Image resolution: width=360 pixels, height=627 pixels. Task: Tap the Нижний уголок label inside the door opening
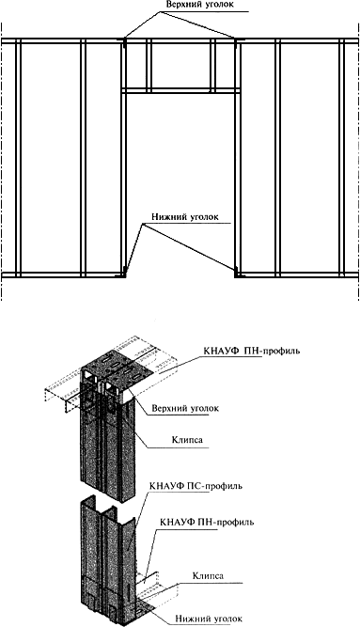185,217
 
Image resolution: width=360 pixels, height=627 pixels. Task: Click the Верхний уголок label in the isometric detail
185,408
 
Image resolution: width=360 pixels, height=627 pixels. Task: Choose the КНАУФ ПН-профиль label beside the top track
251,352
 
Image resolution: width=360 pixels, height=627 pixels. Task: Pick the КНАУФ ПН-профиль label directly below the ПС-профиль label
207,523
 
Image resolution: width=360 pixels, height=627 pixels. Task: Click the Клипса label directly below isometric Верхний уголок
187,440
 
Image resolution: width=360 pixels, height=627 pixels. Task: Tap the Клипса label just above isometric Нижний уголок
208,576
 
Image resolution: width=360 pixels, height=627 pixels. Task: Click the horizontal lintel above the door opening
181,91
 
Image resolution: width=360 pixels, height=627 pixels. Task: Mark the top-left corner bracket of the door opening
123,41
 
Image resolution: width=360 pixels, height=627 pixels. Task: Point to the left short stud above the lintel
149,65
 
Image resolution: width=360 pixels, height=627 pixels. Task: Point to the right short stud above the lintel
212,65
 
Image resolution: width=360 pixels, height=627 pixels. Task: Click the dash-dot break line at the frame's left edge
2,161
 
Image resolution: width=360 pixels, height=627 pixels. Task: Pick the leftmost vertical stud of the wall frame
18,157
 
